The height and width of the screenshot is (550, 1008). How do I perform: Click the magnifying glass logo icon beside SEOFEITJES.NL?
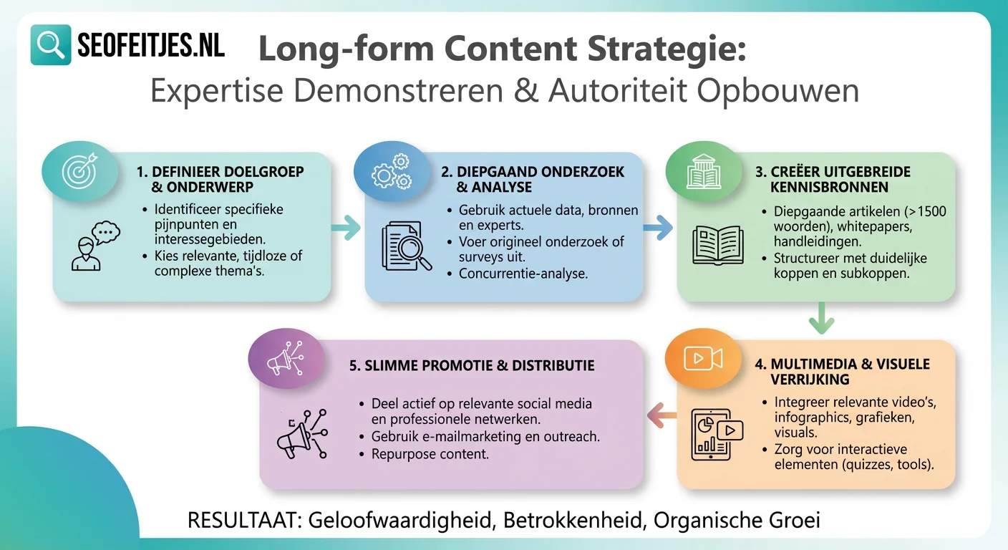51,45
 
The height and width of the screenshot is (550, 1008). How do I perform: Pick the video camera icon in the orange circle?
702,359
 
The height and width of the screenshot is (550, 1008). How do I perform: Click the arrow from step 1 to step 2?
346,229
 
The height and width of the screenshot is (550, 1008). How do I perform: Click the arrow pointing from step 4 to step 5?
662,413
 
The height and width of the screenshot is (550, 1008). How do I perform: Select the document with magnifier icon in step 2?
407,247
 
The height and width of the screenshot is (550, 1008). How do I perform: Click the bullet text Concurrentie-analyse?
523,274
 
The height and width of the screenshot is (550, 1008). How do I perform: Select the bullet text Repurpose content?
430,454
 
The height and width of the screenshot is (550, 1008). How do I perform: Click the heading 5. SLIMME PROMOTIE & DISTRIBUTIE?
472,366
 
